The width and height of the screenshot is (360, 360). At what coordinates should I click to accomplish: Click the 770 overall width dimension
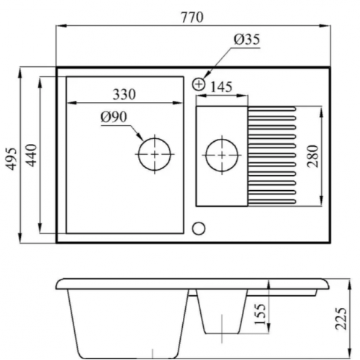point(192,17)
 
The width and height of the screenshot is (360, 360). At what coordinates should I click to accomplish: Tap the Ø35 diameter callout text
point(247,39)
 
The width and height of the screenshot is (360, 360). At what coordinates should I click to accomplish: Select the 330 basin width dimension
point(124,94)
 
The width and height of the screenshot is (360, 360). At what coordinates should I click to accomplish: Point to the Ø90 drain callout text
point(114,117)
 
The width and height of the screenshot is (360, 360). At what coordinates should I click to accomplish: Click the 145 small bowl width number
point(221,87)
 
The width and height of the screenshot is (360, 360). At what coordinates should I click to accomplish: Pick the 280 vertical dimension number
point(313,156)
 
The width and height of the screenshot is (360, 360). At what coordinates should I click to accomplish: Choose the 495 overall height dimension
point(12,159)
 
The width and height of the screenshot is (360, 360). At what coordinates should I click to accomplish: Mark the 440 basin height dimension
point(31,156)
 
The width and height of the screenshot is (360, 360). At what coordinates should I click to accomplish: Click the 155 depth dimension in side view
point(260,314)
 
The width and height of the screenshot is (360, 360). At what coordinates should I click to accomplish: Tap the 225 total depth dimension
point(341,318)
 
